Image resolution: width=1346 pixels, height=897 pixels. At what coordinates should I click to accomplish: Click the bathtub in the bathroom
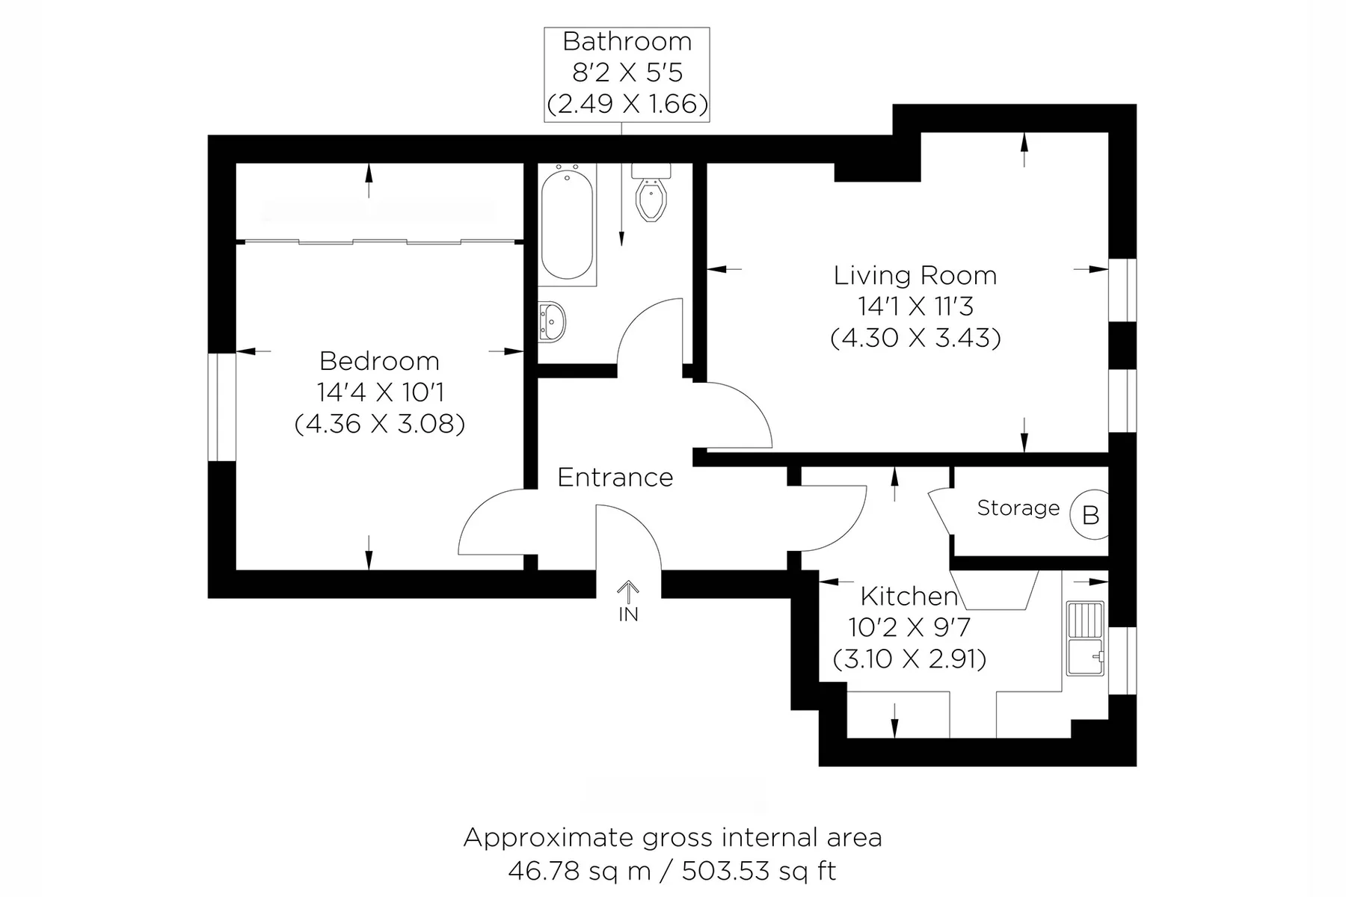pyautogui.click(x=568, y=224)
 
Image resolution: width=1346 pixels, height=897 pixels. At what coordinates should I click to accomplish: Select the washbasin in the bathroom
pyautogui.click(x=552, y=321)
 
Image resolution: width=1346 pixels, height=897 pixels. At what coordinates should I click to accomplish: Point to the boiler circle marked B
pyautogui.click(x=1090, y=514)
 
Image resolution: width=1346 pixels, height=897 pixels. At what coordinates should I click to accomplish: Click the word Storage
pyautogui.click(x=1018, y=508)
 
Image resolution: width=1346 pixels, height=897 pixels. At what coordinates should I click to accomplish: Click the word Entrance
pyautogui.click(x=615, y=477)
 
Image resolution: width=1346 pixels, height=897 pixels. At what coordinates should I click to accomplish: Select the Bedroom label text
pyautogui.click(x=379, y=362)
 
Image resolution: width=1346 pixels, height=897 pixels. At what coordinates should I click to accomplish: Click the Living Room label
pyautogui.click(x=915, y=276)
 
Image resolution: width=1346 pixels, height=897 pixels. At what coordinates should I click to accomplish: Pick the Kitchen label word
pyautogui.click(x=909, y=597)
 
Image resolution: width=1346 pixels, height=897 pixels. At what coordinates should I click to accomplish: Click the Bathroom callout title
pyautogui.click(x=627, y=42)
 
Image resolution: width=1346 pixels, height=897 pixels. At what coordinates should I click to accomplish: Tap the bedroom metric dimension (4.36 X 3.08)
pyautogui.click(x=380, y=424)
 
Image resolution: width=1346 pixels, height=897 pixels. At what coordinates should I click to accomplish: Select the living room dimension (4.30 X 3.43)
pyautogui.click(x=915, y=338)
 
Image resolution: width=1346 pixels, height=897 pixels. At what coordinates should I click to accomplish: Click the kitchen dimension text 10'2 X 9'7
pyautogui.click(x=909, y=627)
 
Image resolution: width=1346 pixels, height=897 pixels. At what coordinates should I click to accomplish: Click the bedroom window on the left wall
pyautogui.click(x=222, y=407)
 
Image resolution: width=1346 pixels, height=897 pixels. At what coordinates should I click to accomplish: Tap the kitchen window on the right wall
pyautogui.click(x=1122, y=661)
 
